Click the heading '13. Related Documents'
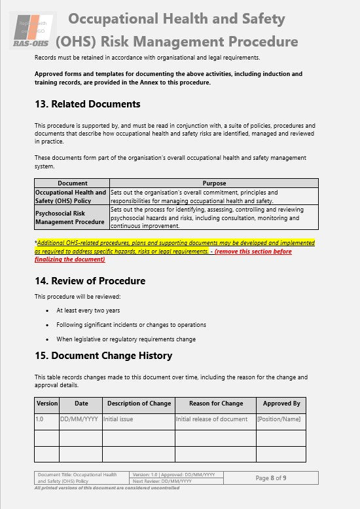87,104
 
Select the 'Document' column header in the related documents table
72,183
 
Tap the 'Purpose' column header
214,183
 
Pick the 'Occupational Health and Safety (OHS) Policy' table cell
71,197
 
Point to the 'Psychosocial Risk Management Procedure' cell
71,217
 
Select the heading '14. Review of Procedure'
90,281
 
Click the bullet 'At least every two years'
88,311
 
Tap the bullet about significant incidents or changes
131,325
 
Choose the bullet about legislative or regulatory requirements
126,339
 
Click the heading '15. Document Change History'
103,356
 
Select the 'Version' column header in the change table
47,404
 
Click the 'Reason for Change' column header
215,404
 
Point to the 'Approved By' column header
281,404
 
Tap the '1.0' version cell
41,419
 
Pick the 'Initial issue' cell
118,419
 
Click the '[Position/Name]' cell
279,419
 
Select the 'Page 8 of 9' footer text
270,478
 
